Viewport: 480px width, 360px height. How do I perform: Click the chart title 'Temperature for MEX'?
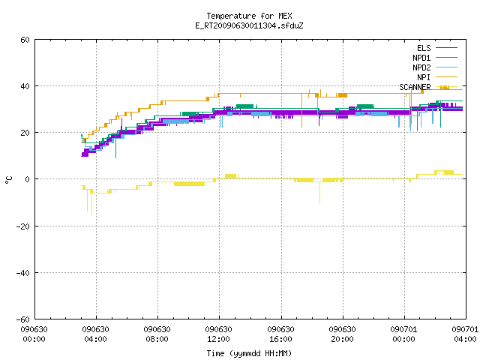tap(249, 16)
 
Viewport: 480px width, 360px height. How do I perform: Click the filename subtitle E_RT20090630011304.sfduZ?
tap(249, 25)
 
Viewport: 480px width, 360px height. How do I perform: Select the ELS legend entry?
tap(424, 48)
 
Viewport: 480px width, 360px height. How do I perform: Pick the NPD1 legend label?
tap(421, 58)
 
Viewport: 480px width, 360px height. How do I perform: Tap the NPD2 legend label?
tap(421, 67)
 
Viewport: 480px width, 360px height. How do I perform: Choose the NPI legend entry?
tap(424, 77)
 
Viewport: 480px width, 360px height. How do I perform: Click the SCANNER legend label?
tap(415, 87)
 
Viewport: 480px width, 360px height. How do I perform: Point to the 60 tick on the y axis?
tap(25, 40)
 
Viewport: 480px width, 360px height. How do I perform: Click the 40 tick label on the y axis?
tap(25, 86)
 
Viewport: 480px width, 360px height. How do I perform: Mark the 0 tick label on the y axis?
tap(28, 179)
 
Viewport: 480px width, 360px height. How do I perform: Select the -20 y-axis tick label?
tap(23, 226)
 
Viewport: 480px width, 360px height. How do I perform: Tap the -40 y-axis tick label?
tap(23, 273)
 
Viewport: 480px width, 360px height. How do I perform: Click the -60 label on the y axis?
tap(23, 319)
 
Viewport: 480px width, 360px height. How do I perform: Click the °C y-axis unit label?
tap(9, 180)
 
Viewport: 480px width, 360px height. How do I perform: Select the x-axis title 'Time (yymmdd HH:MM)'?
tap(249, 353)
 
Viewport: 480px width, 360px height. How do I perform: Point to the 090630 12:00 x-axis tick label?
tap(218, 334)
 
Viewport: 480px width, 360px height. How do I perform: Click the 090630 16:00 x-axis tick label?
tap(280, 334)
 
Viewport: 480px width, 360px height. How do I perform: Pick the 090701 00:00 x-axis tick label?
tap(403, 334)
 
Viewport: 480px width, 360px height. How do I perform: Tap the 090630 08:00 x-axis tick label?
tap(157, 334)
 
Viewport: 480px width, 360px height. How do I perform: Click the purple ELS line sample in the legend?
tap(446, 48)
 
